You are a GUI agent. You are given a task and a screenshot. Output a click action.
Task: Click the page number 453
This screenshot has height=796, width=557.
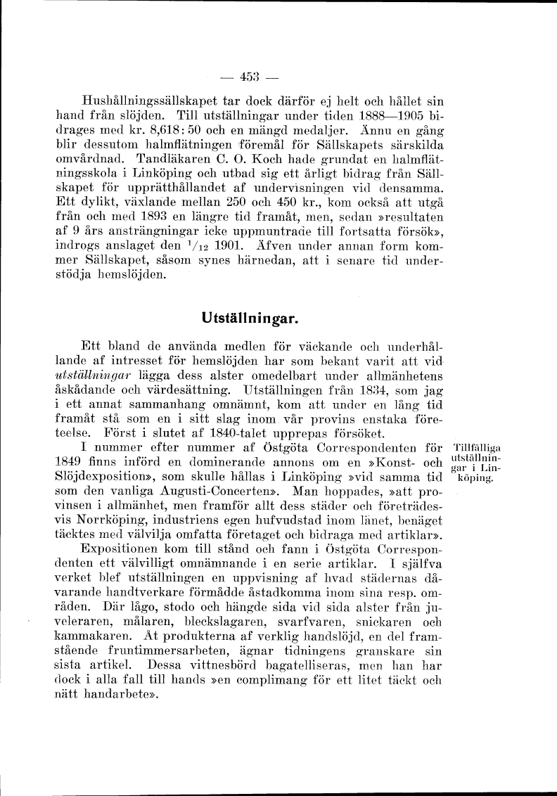(x=250, y=77)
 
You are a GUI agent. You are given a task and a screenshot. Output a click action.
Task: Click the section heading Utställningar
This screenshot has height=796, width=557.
(x=250, y=319)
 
